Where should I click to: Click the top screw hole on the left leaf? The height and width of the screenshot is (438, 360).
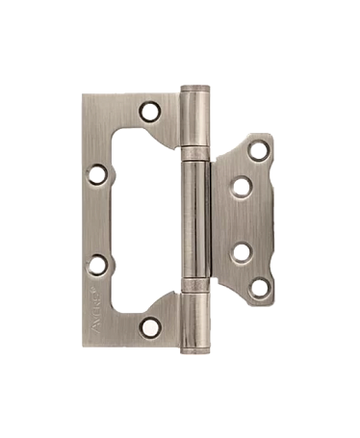coord(150,113)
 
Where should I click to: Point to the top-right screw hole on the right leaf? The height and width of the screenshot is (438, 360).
coord(258,149)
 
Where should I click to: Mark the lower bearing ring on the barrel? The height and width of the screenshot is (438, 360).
coord(195,290)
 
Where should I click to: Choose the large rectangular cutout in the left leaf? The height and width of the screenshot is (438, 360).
coord(144,219)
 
